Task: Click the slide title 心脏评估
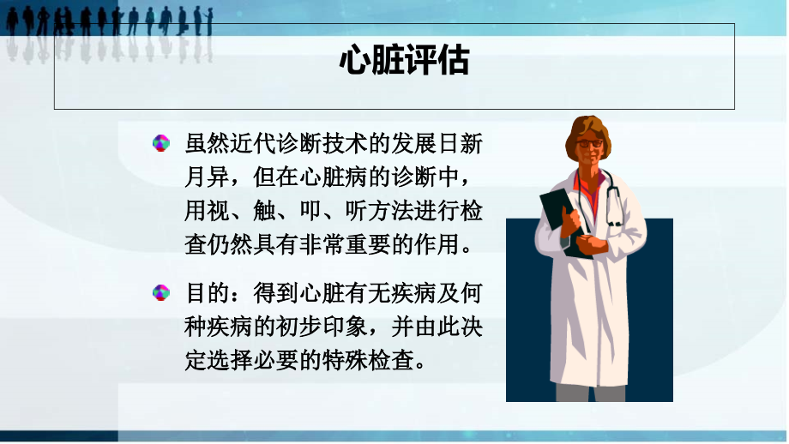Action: pyautogui.click(x=404, y=62)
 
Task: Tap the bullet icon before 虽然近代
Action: pyautogui.click(x=160, y=143)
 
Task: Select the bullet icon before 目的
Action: pyautogui.click(x=160, y=292)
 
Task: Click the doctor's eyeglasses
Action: pyautogui.click(x=589, y=143)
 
